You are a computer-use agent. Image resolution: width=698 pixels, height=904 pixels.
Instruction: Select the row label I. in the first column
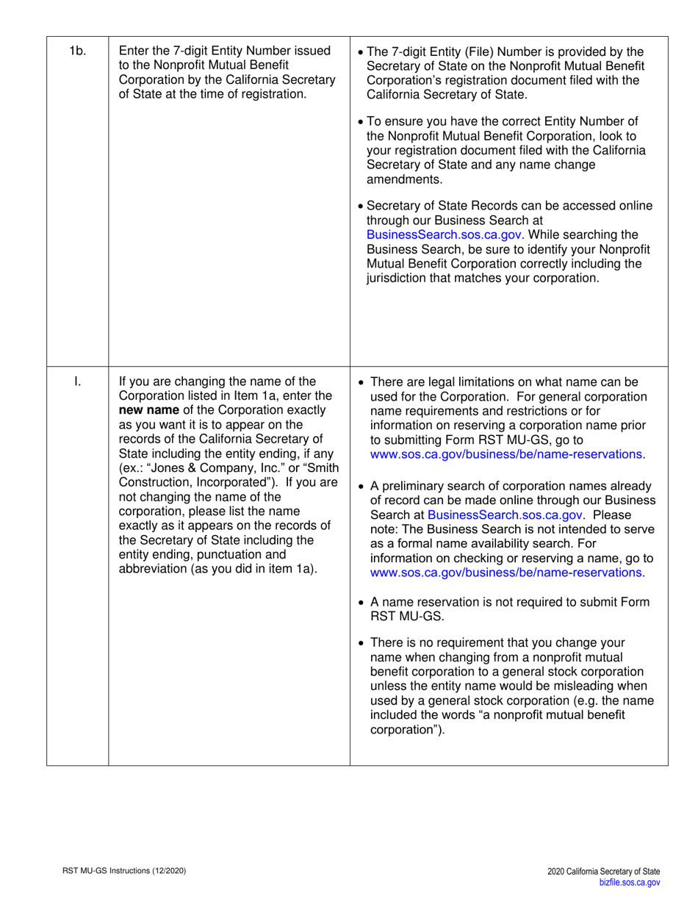(x=77, y=381)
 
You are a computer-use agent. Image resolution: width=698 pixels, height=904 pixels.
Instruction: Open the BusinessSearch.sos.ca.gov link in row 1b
(x=444, y=235)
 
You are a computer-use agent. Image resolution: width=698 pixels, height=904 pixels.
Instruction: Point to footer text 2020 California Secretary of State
(x=603, y=871)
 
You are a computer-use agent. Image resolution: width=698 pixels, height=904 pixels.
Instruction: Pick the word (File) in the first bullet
(x=480, y=51)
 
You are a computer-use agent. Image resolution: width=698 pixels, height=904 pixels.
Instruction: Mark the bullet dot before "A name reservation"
(x=359, y=602)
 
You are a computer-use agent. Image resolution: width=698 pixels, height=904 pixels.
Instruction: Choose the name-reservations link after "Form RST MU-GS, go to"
(x=505, y=454)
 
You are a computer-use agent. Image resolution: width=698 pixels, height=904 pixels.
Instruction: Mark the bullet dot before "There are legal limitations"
(x=359, y=382)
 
